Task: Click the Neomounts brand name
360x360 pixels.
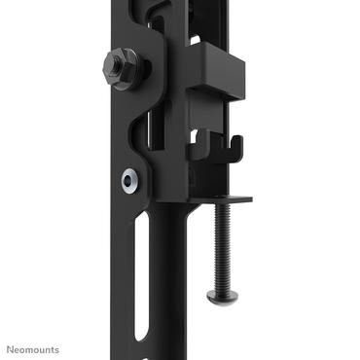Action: [34, 348]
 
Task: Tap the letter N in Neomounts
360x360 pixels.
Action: [13, 348]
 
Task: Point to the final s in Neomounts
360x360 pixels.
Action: [56, 348]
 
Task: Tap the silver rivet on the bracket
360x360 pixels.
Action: [127, 180]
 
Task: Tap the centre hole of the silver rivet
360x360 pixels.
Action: [127, 180]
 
